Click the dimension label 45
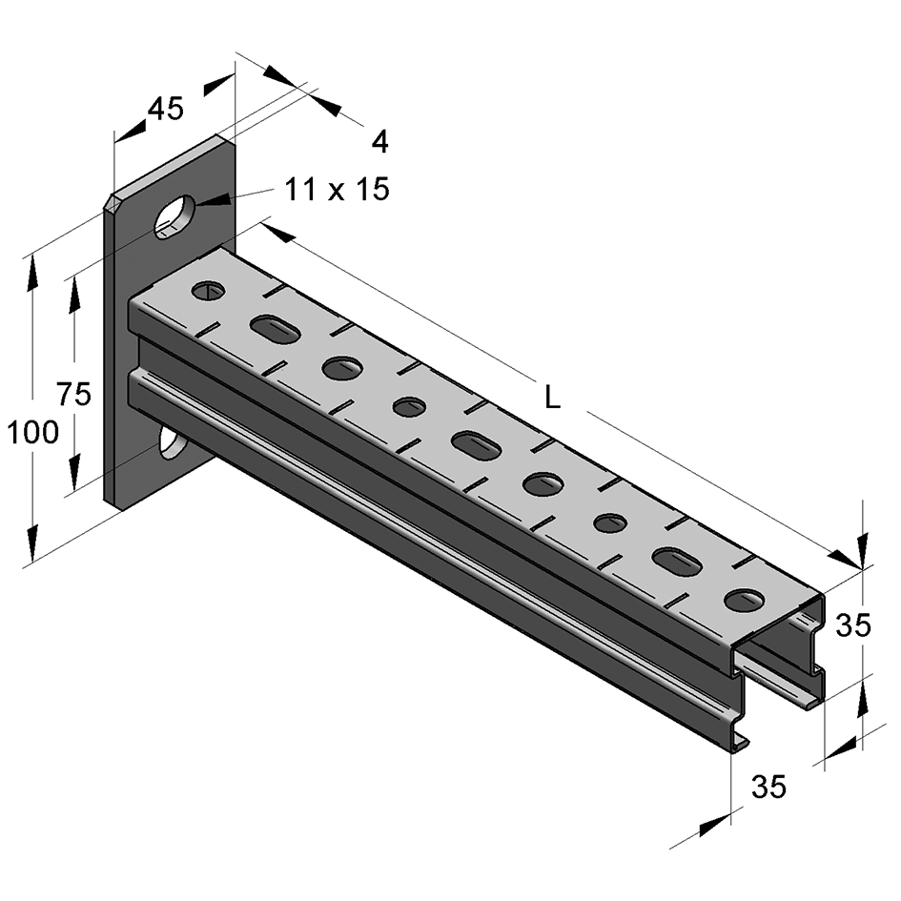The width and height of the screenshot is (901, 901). (x=166, y=108)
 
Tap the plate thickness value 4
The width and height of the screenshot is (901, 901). (x=379, y=141)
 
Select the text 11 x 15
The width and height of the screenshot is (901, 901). (x=337, y=189)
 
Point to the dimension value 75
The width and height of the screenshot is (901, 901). (x=74, y=394)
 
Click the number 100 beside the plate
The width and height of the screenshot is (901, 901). (x=32, y=432)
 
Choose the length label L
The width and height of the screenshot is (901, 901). (x=552, y=397)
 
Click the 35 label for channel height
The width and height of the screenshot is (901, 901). (x=853, y=625)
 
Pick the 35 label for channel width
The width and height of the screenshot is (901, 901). (x=768, y=786)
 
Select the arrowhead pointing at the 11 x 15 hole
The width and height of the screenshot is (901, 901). (x=213, y=201)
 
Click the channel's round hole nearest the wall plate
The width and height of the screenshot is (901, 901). (x=208, y=290)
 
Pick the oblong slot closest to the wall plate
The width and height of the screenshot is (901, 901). (x=276, y=329)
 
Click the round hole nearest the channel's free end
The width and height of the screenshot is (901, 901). (x=745, y=600)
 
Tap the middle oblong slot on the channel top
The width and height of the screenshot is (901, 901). (x=477, y=446)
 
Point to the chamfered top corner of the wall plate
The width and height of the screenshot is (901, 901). (x=111, y=201)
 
